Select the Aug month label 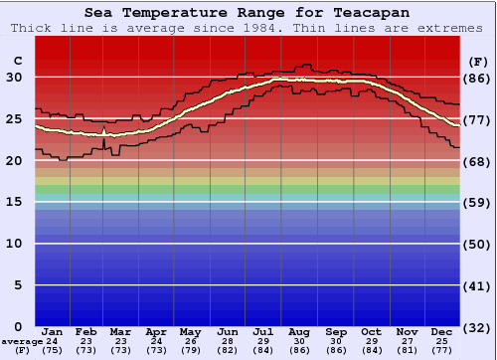click(299, 331)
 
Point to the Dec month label click(441, 331)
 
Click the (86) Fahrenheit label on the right click(477, 78)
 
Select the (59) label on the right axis click(477, 203)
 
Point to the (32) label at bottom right click(477, 327)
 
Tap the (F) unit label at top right click(477, 62)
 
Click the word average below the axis click(21, 341)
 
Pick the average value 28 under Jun click(229, 341)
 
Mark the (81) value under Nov click(407, 350)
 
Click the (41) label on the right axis click(477, 285)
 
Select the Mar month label click(119, 331)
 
